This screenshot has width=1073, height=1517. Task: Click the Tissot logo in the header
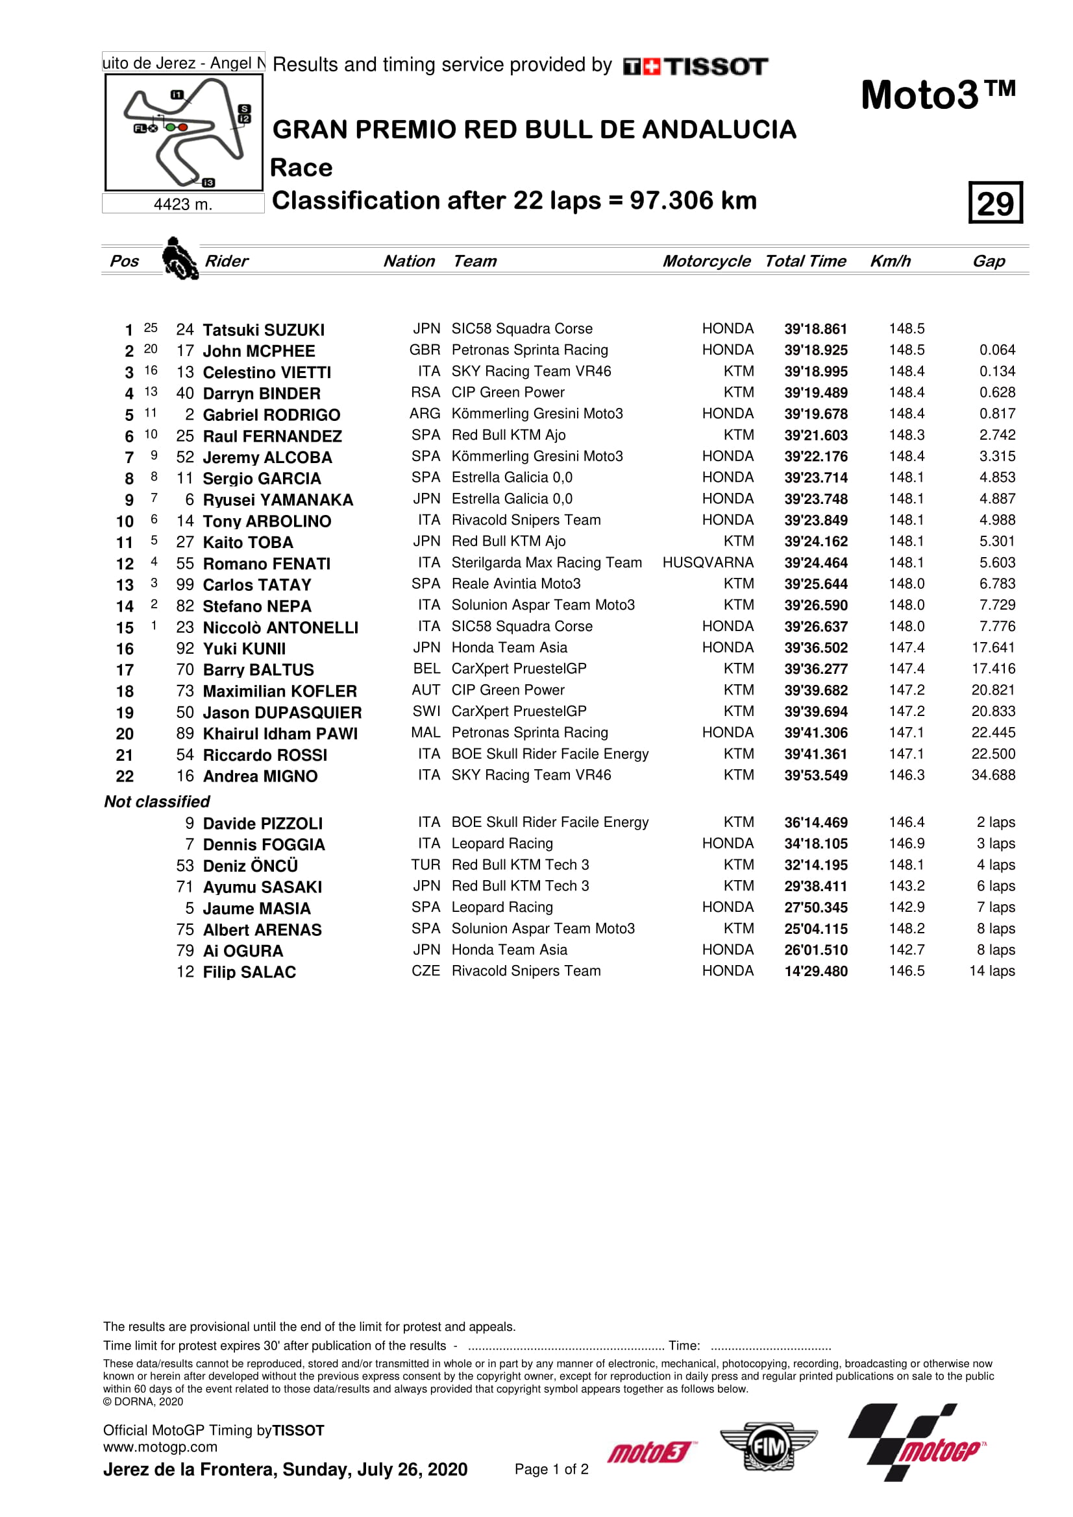[x=695, y=66]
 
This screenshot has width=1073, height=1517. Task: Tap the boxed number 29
[x=995, y=203]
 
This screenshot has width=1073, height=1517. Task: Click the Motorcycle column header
[x=706, y=261]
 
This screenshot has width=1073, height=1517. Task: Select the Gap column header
[x=989, y=261]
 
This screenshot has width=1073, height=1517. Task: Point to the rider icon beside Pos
[x=179, y=258]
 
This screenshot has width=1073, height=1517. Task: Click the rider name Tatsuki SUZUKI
[x=263, y=329]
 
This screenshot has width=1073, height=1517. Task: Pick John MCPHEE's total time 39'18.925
[x=816, y=351]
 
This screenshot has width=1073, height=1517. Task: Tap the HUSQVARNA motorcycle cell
[x=708, y=563]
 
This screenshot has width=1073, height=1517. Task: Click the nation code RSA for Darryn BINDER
[x=425, y=393]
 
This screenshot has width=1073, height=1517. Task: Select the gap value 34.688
[x=993, y=776]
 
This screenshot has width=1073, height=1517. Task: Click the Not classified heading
[x=156, y=802]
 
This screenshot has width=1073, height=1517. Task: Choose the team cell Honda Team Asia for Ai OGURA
[x=509, y=950]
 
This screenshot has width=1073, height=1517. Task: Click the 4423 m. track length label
[x=183, y=205]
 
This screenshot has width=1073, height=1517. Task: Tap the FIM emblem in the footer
[x=768, y=1447]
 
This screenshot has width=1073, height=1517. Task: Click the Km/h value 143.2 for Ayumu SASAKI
[x=906, y=887]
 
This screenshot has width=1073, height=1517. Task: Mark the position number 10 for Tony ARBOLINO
[x=125, y=522]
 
